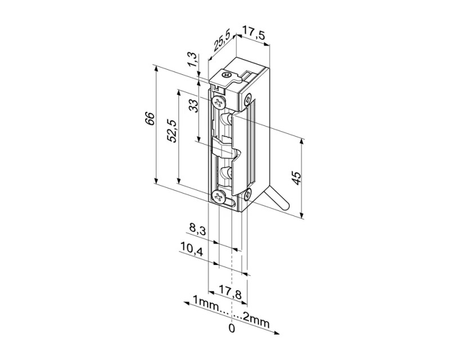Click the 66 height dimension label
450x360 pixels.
(150, 118)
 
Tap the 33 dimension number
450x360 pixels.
(193, 106)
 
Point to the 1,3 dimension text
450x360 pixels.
(193, 60)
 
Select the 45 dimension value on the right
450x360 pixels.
(297, 178)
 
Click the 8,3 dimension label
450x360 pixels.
(197, 229)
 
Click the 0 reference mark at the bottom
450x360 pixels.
(232, 328)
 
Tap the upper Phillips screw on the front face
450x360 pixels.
(218, 102)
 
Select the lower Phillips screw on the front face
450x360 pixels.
(219, 197)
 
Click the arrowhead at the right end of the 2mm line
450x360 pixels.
(277, 333)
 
